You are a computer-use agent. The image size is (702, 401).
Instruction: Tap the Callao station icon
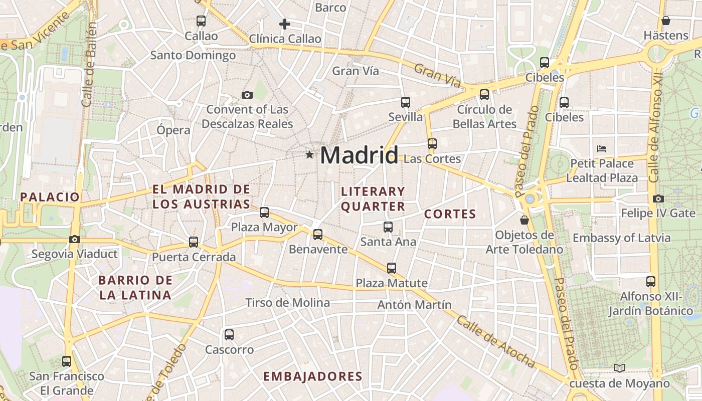pos(201,21)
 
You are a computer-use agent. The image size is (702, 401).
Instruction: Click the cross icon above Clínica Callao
pos(285,24)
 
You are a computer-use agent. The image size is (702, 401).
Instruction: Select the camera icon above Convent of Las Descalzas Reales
pos(247,95)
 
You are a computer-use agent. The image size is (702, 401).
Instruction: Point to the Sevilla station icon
pos(406,102)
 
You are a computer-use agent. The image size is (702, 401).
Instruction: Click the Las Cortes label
pos(432,159)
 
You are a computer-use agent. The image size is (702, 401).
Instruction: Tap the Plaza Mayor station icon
pos(264,213)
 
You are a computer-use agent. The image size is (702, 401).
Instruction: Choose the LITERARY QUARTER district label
pos(373,199)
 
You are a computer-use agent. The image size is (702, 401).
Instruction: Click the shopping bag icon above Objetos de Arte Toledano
pos(524,220)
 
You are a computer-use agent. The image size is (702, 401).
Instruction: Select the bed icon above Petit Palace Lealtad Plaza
pos(602,148)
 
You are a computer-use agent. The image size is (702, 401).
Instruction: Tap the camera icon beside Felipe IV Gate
pos(658,198)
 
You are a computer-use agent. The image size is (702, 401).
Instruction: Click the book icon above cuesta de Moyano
pos(620,368)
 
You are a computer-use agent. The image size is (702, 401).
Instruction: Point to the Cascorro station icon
pos(229,334)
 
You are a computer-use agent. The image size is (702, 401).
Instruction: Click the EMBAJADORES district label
pos(312,376)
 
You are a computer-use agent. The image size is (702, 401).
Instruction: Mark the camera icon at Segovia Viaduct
pos(75,239)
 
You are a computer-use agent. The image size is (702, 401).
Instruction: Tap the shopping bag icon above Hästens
pos(666,21)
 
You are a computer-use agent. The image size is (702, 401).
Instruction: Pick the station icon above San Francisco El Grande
pos(67,361)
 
